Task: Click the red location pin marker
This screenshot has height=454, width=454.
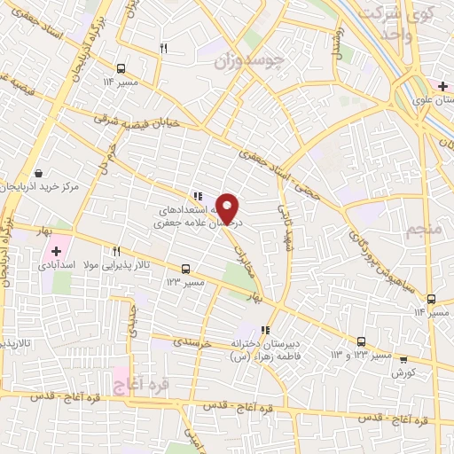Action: click(x=228, y=207)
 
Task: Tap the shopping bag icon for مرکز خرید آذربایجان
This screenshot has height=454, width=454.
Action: click(x=37, y=173)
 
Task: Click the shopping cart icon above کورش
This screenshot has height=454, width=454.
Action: click(x=404, y=359)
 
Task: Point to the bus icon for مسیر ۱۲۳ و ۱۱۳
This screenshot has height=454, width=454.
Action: click(x=361, y=341)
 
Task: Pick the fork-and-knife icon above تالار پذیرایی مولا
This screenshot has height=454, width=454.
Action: click(x=116, y=252)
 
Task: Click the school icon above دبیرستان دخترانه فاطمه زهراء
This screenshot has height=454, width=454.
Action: click(x=264, y=330)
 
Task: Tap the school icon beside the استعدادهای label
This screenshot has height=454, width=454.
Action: click(x=198, y=197)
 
